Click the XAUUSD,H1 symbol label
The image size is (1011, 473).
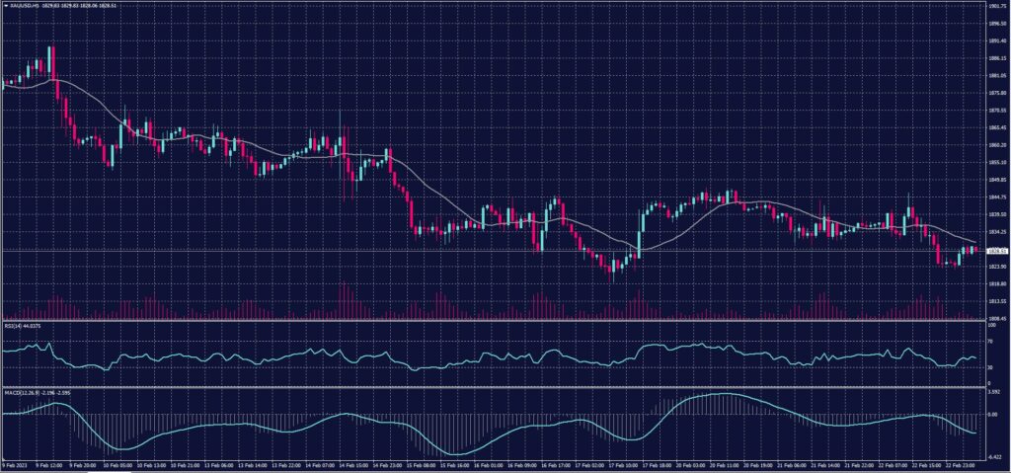22,5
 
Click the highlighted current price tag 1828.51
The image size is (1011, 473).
996,251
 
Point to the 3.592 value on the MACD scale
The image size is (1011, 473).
993,392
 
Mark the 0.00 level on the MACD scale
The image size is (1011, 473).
992,415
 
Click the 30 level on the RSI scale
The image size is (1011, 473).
990,366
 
